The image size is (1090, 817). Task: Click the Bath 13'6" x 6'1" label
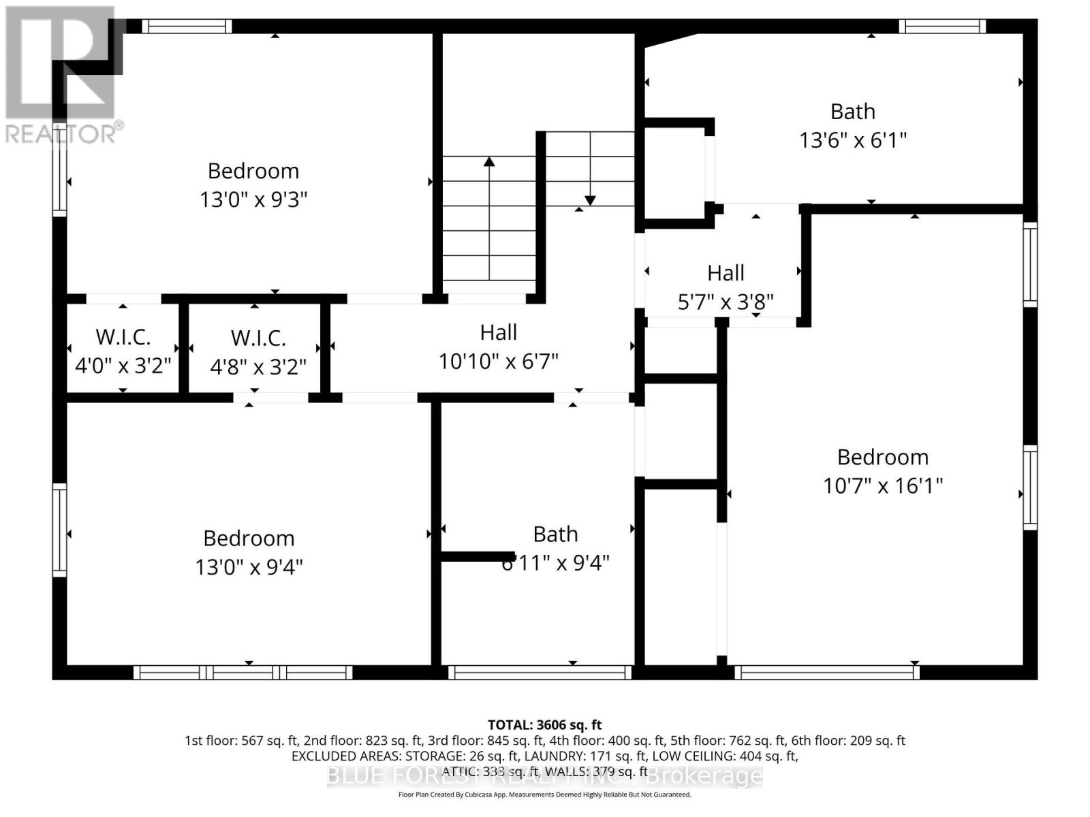852,126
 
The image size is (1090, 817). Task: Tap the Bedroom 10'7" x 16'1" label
882,471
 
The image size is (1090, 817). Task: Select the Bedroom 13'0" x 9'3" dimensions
253,200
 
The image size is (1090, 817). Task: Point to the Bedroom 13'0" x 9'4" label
249,552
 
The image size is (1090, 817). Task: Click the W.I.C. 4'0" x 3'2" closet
123,351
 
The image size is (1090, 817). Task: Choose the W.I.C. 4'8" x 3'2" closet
258,353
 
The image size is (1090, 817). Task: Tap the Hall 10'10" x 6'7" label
498,347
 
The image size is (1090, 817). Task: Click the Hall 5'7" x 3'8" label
726,287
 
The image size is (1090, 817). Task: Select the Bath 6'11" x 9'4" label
555,549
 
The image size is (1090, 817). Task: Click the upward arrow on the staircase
489,162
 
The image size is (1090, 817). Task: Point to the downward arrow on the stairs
590,199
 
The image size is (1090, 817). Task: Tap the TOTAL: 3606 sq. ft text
544,725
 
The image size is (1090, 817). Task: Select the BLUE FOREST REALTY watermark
545,775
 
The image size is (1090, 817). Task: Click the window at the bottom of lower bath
540,673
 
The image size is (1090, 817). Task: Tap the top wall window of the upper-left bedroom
187,27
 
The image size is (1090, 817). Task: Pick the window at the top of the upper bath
942,27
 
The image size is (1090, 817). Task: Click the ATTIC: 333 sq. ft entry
490,771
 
